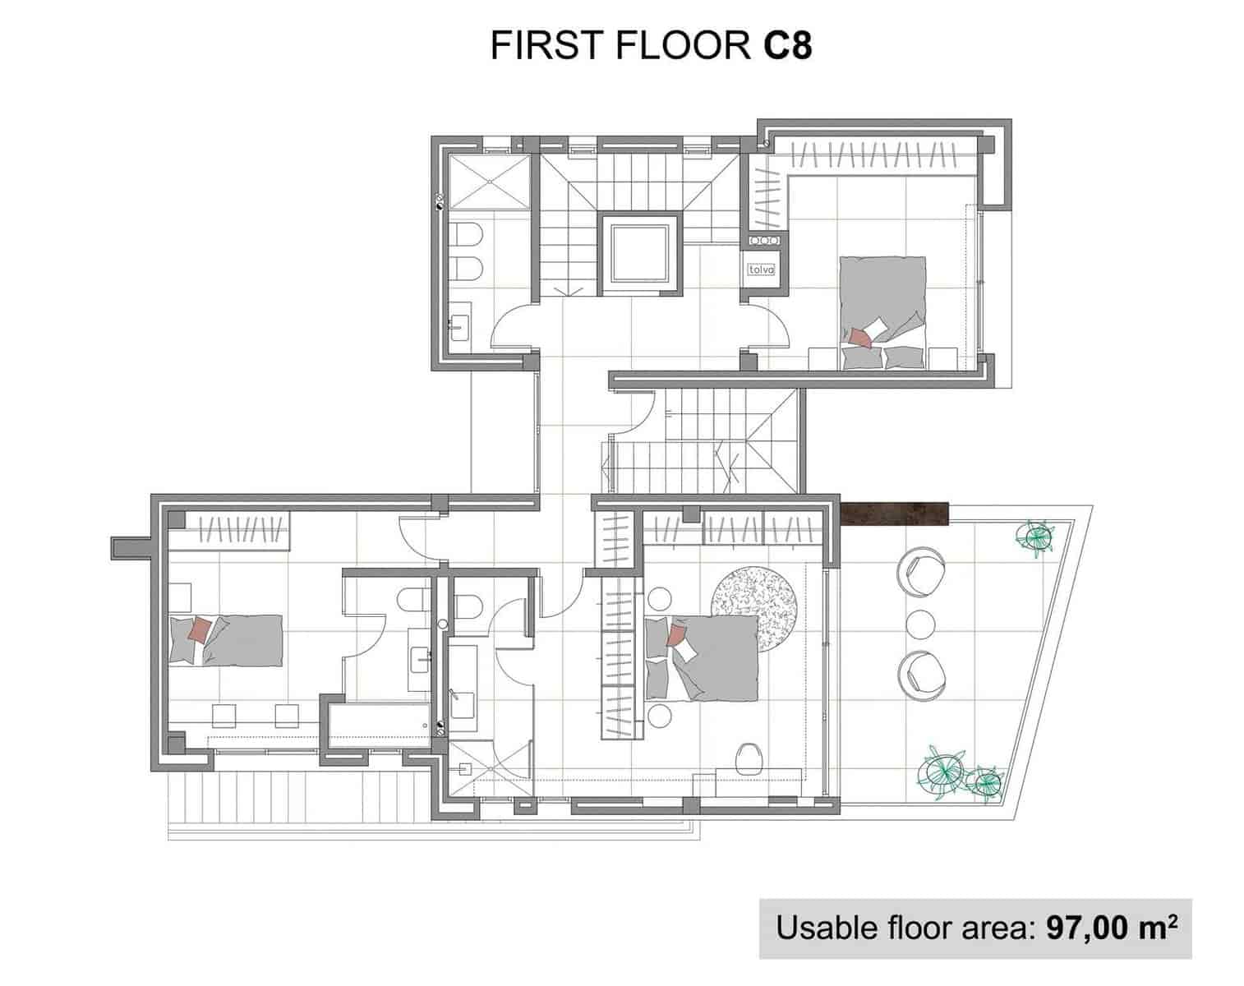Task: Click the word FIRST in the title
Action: point(546,45)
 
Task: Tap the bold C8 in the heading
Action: point(788,45)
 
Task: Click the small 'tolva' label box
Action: point(762,270)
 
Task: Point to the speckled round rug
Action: point(754,609)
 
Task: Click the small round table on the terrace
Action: point(921,624)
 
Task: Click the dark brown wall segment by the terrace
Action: point(894,514)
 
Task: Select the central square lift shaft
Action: point(640,255)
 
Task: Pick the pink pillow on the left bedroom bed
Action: point(200,629)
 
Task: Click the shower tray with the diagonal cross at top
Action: point(489,182)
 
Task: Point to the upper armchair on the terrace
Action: point(921,572)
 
